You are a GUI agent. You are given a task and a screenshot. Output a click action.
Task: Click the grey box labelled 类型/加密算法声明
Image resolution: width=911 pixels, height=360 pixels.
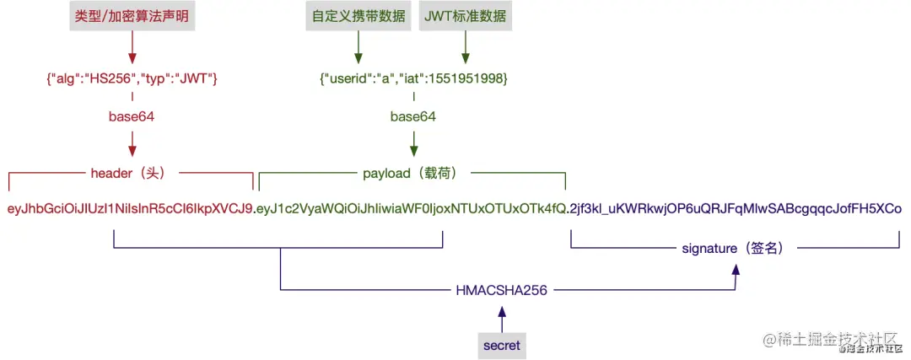pos(132,17)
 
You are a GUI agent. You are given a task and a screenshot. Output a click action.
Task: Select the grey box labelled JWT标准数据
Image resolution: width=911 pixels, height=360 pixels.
pos(463,17)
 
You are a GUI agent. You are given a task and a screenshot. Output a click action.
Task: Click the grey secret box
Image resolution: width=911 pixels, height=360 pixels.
pos(502,344)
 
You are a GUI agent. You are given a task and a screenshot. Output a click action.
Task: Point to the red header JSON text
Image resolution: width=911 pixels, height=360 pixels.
pos(132,78)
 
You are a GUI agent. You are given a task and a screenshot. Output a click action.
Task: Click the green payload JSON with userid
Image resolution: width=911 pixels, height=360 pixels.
pos(413,78)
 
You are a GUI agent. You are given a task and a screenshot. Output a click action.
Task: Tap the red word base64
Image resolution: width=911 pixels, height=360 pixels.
pos(132,116)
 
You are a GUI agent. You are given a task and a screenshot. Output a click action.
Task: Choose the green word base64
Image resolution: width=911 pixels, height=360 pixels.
pos(413,116)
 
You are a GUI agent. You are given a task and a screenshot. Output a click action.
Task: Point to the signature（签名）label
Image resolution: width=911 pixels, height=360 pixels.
pos(734,249)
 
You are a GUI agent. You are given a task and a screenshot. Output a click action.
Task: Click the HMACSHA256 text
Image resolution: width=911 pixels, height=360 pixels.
pos(502,290)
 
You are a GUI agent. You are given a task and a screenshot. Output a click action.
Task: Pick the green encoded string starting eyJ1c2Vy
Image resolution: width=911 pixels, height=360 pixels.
pos(412,208)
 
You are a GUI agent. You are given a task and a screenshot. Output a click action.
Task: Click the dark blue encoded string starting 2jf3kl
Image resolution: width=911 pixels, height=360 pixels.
pos(736,208)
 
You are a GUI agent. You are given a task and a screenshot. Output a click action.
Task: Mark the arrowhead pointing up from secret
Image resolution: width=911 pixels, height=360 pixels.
pos(502,312)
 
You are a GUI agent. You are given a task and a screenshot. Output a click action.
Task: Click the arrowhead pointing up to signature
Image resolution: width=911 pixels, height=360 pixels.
pos(736,270)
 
